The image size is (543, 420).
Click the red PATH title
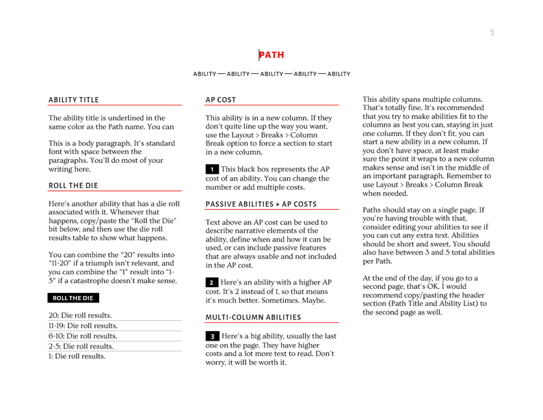(271, 55)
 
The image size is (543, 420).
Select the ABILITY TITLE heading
(74, 100)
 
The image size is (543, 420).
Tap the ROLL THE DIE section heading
(73, 185)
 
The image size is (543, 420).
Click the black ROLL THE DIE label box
(73, 298)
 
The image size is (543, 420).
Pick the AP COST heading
(221, 100)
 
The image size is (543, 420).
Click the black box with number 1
(212, 169)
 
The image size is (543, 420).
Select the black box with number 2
(212, 283)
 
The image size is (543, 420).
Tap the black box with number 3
(212, 337)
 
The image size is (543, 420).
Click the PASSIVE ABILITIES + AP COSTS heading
(261, 204)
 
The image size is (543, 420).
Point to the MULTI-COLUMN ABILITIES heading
(253, 317)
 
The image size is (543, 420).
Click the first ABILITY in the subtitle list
(204, 74)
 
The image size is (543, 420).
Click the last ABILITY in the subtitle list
(339, 74)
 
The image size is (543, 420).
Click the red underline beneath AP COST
(271, 105)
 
